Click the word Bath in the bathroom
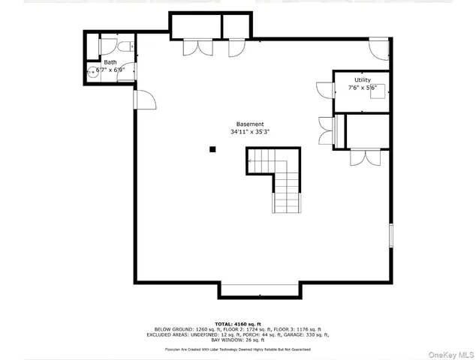[110, 62]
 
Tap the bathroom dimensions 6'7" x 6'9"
[110, 70]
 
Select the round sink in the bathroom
[92, 72]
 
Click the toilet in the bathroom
[127, 46]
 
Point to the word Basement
[250, 124]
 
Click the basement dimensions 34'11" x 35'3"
[250, 132]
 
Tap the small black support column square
[212, 149]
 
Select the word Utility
[362, 79]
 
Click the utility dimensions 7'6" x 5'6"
[362, 88]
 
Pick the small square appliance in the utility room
[379, 91]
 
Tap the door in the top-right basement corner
[379, 50]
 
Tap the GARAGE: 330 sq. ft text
[307, 334]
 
